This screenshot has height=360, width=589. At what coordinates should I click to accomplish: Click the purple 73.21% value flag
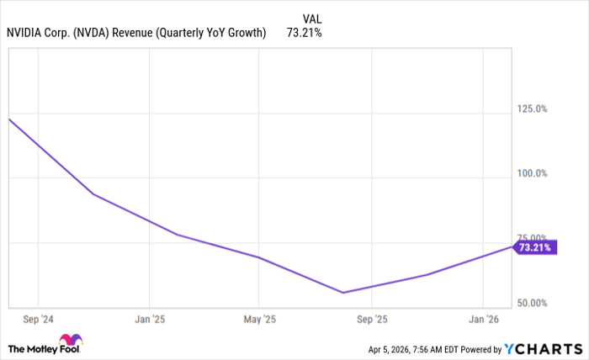pos(535,248)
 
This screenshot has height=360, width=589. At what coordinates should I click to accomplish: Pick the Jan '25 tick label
pos(149,320)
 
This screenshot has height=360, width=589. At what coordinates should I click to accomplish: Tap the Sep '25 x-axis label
pos(371,320)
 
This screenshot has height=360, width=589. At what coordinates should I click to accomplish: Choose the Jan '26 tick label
pos(482,320)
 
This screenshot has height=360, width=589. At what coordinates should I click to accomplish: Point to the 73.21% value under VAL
pos(305,33)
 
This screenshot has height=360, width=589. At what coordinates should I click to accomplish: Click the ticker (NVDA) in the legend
pos(96,33)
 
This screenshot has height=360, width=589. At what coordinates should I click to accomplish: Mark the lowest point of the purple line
pos(342,293)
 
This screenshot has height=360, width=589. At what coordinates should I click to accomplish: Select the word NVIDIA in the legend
pos(27,33)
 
